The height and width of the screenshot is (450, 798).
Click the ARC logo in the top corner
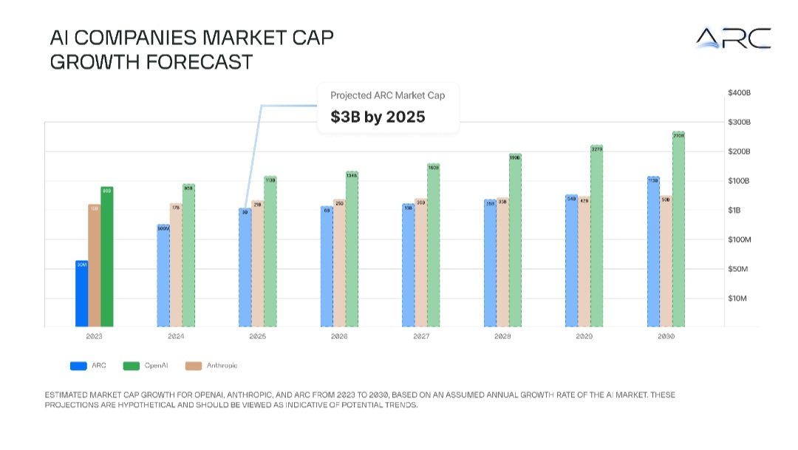(x=733, y=38)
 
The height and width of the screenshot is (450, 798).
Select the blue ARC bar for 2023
(x=81, y=294)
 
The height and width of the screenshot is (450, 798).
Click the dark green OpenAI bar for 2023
(x=107, y=257)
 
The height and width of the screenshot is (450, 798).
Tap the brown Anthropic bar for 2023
(x=94, y=266)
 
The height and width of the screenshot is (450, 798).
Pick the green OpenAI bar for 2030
(x=678, y=230)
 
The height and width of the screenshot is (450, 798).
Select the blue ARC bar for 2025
(x=245, y=268)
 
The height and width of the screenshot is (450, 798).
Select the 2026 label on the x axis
(x=338, y=336)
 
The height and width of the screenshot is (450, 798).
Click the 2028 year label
(x=502, y=336)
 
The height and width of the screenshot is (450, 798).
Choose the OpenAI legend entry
(x=142, y=366)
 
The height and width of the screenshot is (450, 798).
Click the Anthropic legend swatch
(x=194, y=366)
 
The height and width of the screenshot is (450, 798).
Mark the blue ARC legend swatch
(x=79, y=366)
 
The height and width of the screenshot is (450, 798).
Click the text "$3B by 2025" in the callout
(x=378, y=117)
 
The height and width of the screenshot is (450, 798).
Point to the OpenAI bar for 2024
(x=188, y=256)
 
